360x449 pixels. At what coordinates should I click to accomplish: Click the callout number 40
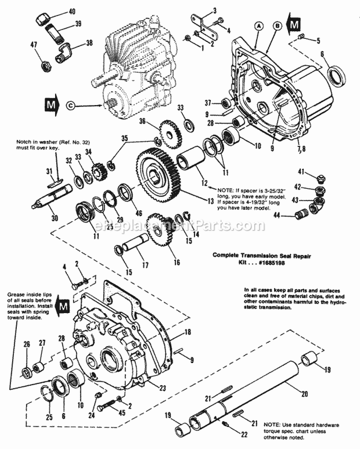(x=72, y=11)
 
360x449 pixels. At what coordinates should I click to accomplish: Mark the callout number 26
(x=27, y=343)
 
